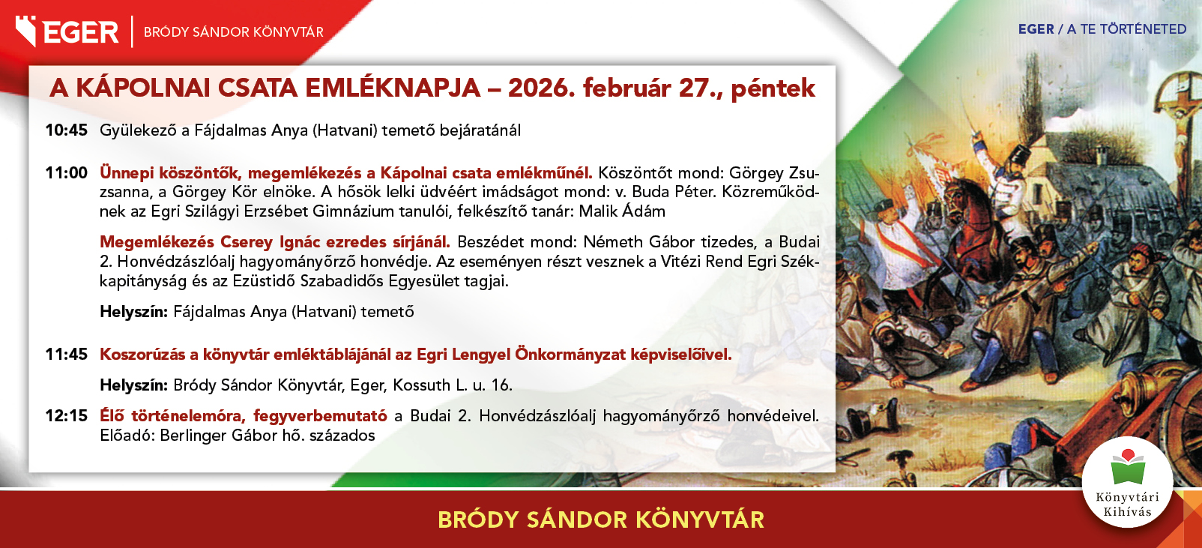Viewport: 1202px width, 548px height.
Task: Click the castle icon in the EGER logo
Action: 25,31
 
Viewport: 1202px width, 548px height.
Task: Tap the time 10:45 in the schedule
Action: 66,130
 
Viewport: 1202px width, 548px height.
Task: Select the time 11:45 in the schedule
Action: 66,355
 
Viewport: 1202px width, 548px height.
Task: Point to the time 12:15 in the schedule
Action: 66,415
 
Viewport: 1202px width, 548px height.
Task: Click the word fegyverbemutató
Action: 320,416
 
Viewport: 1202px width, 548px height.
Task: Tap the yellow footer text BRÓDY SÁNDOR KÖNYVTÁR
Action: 601,520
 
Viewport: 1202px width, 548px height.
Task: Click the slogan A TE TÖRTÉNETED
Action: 1126,29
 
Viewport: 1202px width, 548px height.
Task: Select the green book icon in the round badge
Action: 1128,468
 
